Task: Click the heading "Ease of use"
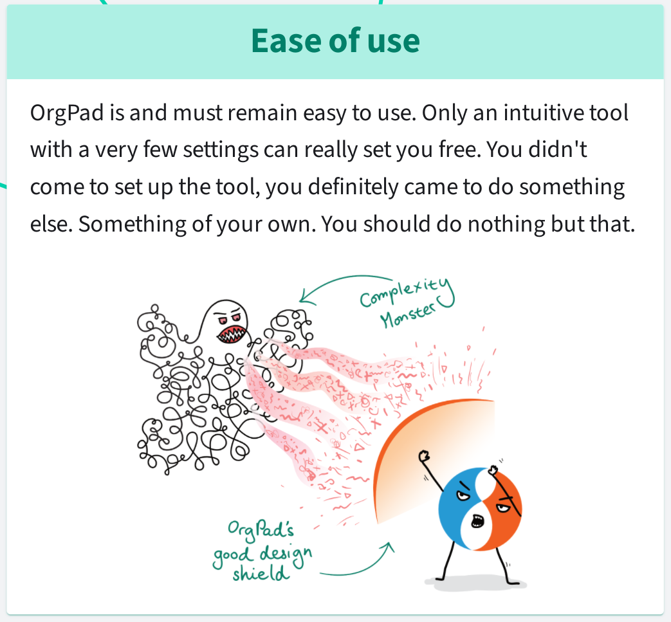[335, 41]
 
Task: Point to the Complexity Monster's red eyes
[231, 318]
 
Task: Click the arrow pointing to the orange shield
[360, 566]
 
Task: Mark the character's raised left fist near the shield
[423, 457]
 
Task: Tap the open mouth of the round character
[477, 520]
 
